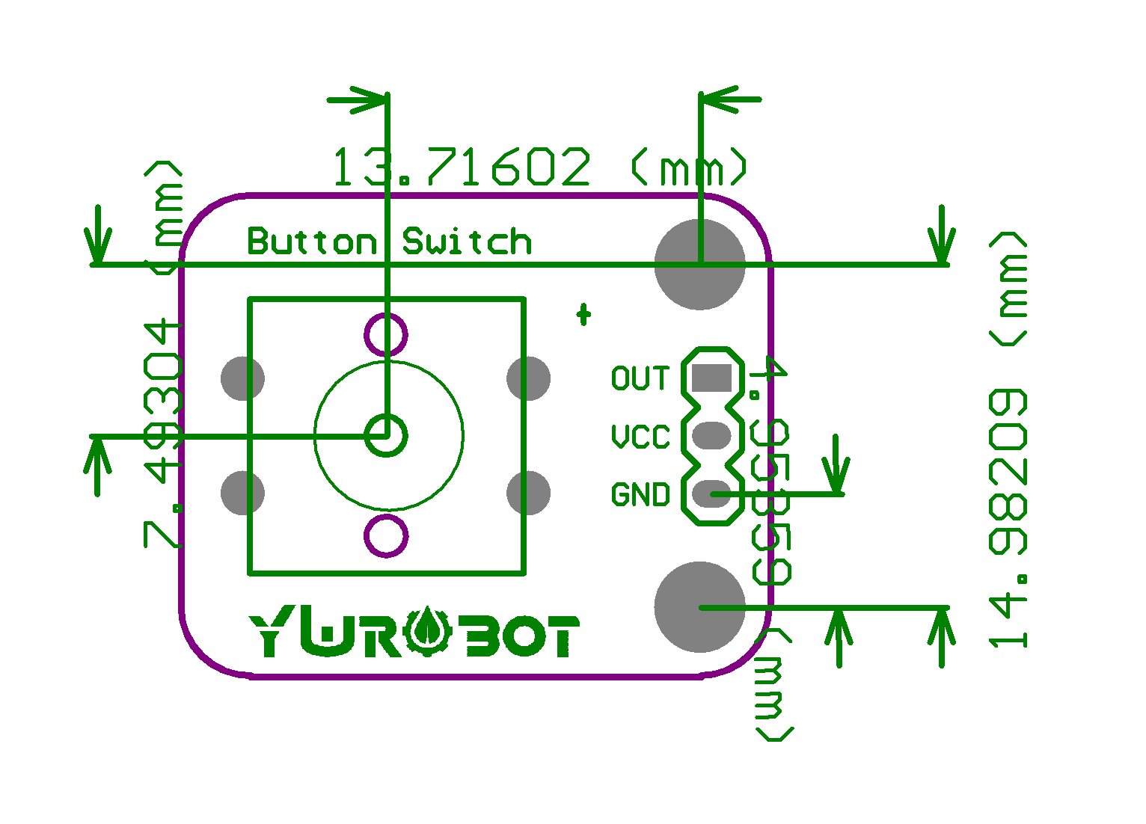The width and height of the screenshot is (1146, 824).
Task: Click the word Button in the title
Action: pos(312,242)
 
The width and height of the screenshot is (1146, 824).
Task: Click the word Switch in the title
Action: pos(468,242)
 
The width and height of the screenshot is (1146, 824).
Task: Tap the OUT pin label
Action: pos(640,378)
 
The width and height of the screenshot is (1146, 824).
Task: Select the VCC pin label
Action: pos(640,437)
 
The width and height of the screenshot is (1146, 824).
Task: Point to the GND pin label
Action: pos(640,495)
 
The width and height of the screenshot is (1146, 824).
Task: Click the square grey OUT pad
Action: pos(711,378)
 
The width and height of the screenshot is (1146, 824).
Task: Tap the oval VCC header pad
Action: pos(711,435)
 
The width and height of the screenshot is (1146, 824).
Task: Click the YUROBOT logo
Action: pos(414,635)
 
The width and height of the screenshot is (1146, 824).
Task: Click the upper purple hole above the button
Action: pos(386,333)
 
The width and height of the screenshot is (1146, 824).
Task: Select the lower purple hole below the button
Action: pos(386,535)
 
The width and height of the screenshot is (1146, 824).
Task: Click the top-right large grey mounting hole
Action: pos(699,264)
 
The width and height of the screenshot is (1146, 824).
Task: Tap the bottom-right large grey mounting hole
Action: pos(699,606)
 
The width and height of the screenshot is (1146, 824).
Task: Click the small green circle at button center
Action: pos(386,434)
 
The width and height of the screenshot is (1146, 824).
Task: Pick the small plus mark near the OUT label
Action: pos(583,314)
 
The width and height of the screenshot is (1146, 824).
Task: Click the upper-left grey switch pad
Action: pos(242,378)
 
